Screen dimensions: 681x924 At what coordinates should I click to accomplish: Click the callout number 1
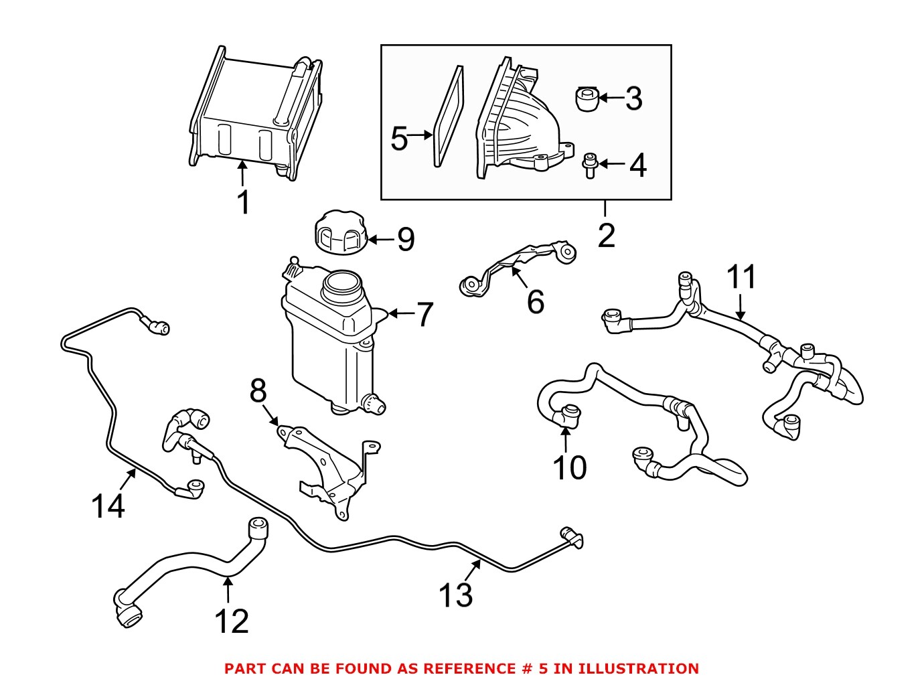point(244,202)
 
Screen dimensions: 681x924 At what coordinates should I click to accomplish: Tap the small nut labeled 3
point(587,99)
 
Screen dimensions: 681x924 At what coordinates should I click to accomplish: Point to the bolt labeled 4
point(589,165)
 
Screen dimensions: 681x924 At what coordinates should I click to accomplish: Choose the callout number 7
point(425,315)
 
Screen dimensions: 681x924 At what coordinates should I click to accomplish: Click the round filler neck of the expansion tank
point(342,286)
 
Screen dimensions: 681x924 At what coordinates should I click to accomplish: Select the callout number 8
point(258,391)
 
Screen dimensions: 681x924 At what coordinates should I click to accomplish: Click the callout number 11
point(741,277)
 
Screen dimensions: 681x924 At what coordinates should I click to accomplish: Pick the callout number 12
point(232,621)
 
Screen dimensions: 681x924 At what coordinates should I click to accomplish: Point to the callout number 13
point(455,595)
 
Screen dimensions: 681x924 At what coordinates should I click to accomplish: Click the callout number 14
point(108,506)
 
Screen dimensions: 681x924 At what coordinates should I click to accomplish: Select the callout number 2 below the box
point(606,236)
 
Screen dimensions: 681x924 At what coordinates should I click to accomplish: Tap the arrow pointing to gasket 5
point(420,135)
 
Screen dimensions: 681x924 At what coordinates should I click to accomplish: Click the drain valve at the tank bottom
point(372,402)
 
